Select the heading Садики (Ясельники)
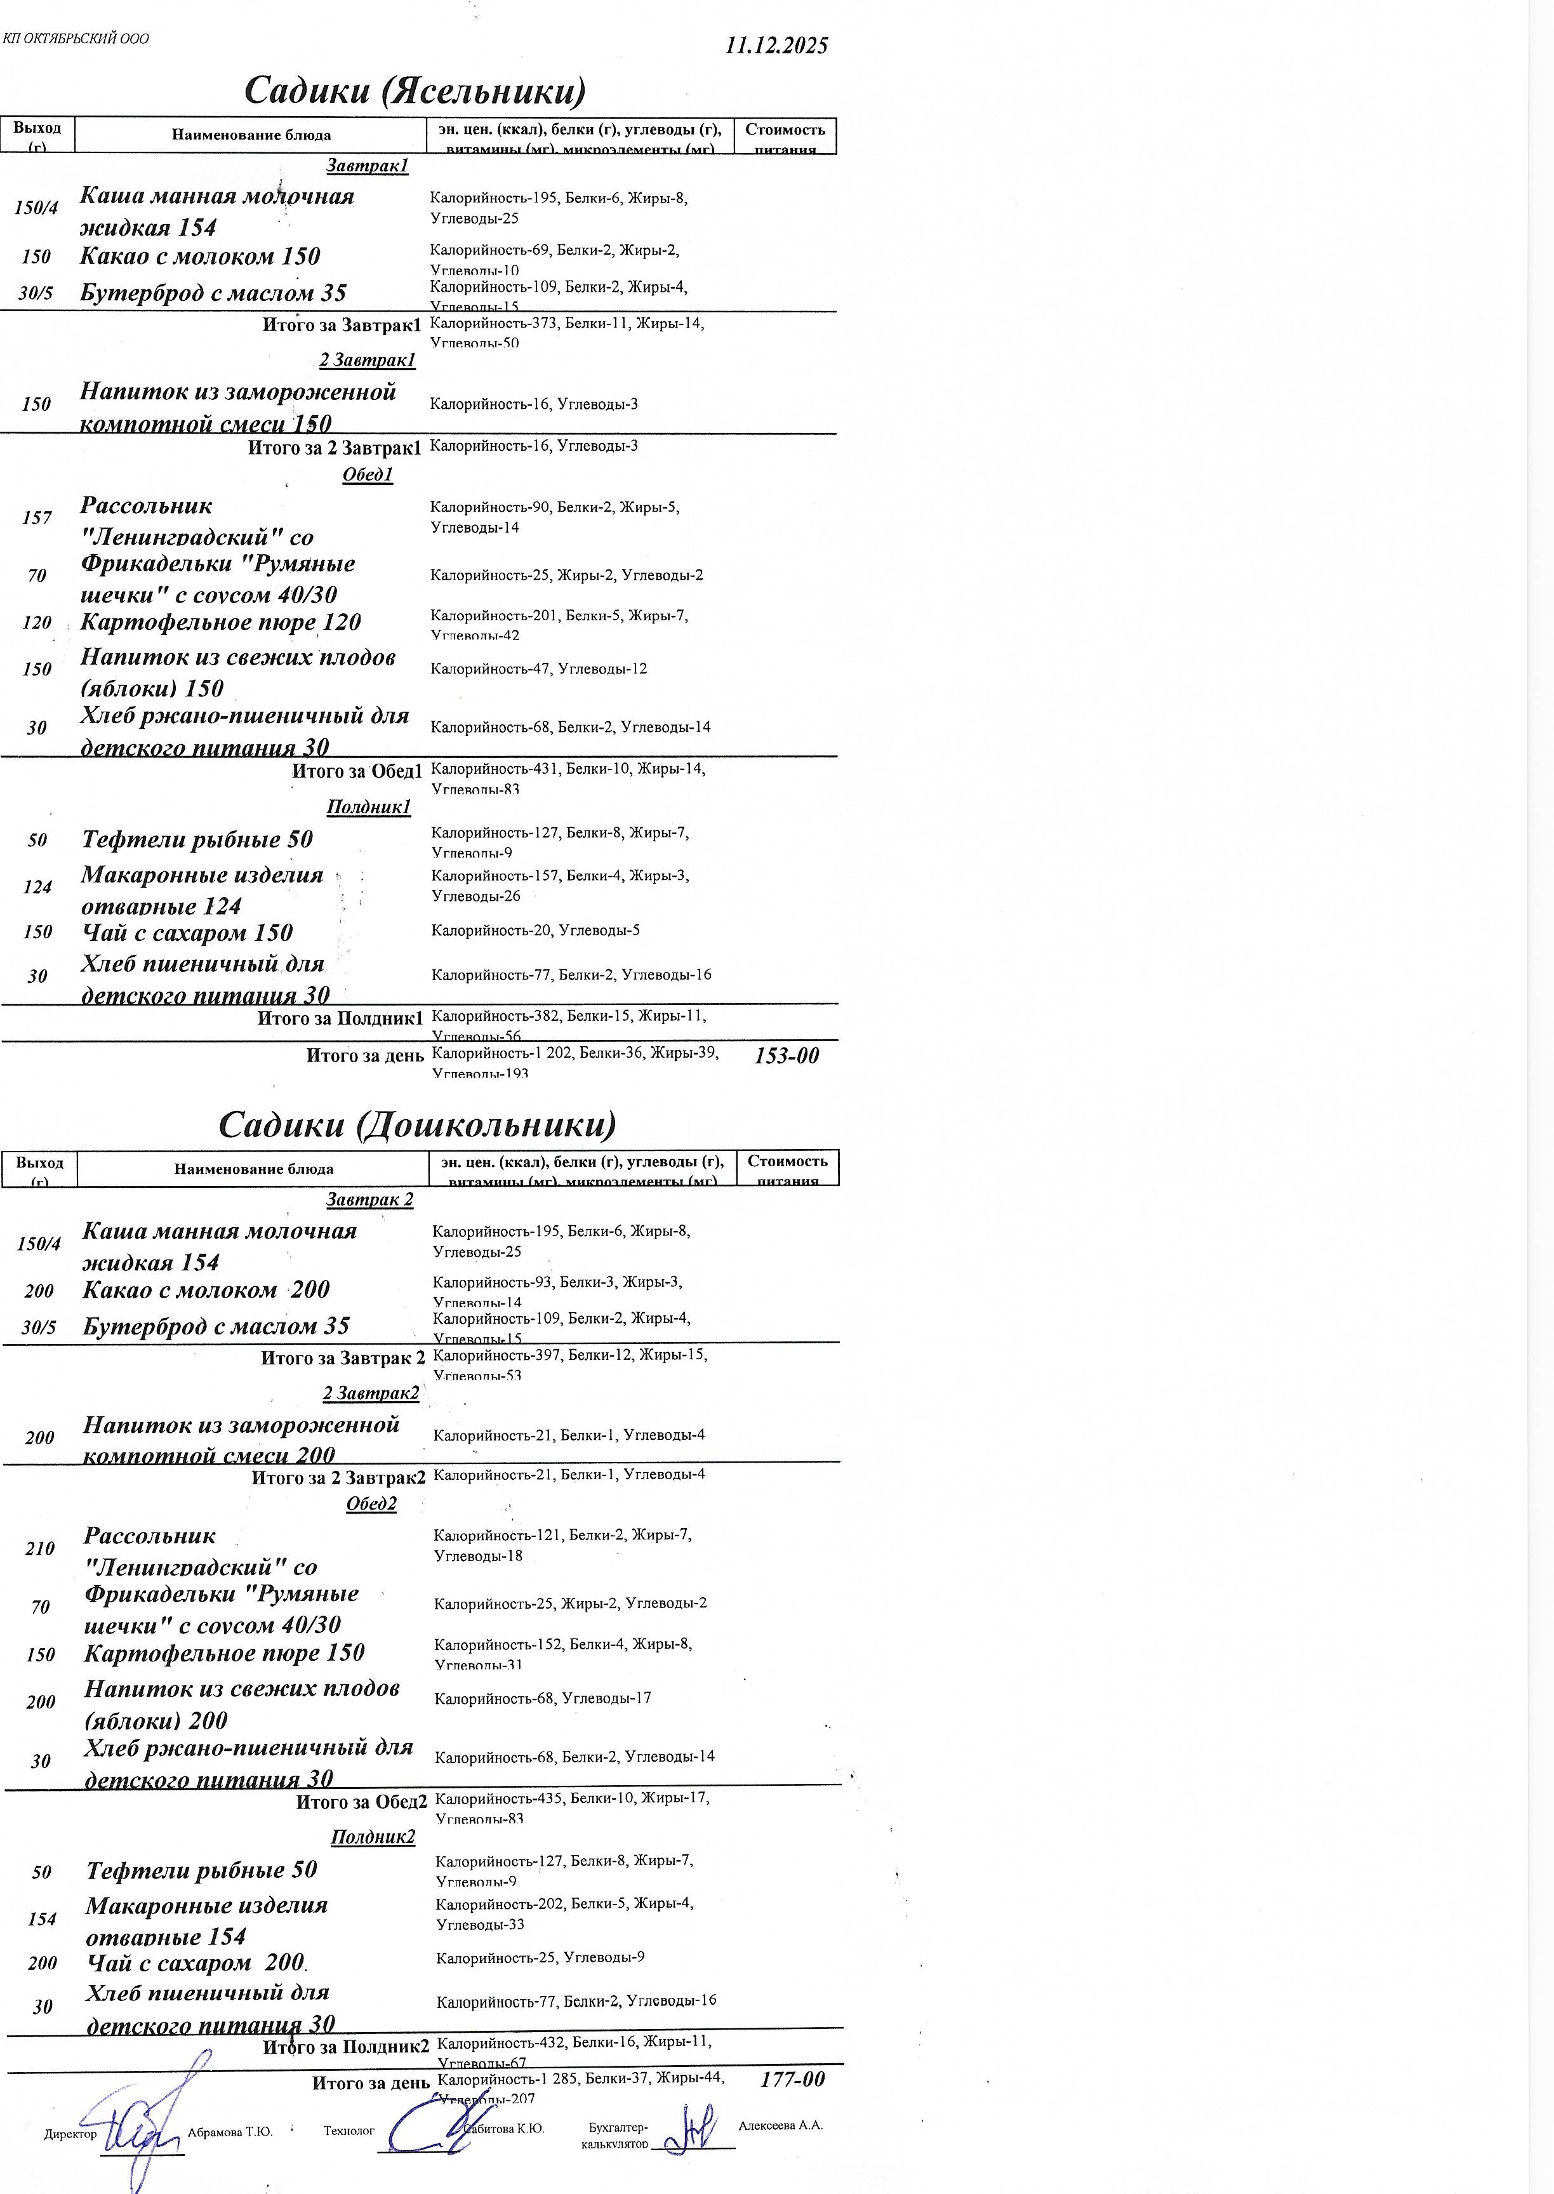click(415, 91)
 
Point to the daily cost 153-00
click(787, 1055)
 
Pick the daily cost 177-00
click(792, 2079)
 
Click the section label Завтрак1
click(368, 166)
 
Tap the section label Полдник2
click(373, 1837)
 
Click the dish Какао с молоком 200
click(206, 1290)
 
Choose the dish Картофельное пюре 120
click(221, 622)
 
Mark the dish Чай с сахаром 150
click(187, 932)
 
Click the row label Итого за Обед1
click(356, 771)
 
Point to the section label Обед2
click(371, 1504)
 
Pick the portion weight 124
click(37, 887)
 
